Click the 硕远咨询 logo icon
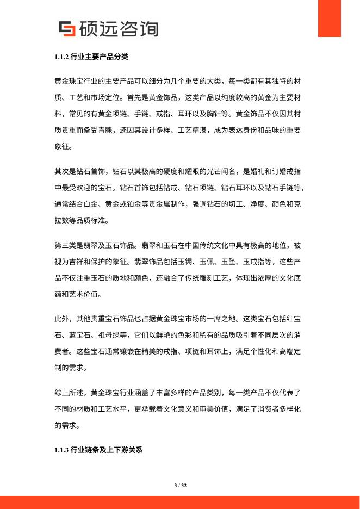(x=66, y=29)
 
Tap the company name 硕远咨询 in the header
(x=117, y=28)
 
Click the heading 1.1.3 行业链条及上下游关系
(x=98, y=450)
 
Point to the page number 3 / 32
(x=180, y=485)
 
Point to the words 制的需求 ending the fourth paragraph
(x=71, y=368)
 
